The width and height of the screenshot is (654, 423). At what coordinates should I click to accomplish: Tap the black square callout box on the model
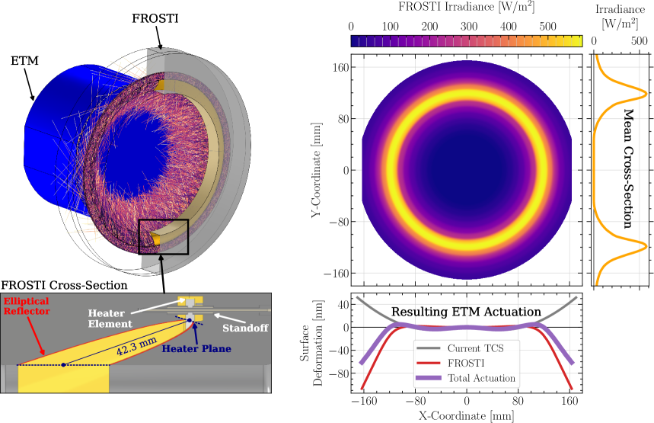163,236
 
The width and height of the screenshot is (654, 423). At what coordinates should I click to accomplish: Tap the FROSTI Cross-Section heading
64,285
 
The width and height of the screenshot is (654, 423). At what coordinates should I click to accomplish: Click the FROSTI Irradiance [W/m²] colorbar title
467,10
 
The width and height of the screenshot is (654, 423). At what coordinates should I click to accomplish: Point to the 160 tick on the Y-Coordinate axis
339,67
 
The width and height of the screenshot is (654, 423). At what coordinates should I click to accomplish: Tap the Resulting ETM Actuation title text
466,312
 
